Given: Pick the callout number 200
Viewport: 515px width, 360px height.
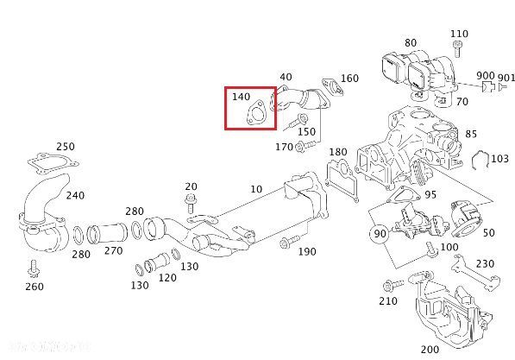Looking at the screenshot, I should (430, 348).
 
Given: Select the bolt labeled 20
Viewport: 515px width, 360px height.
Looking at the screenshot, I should (190, 205).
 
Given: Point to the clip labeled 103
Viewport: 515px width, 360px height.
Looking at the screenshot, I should (482, 159).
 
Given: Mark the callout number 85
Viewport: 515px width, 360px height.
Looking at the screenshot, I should (471, 134).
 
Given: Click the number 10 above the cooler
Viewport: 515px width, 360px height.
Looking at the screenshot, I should (256, 189).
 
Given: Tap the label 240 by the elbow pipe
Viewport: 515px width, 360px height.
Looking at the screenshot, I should (75, 195).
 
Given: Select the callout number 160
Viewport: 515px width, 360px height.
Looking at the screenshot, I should (349, 79).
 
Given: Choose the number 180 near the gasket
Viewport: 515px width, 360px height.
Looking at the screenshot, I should (338, 152).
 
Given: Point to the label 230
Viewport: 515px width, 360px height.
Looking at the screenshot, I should (486, 263).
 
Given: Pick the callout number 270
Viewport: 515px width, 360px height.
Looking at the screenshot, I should (114, 251).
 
